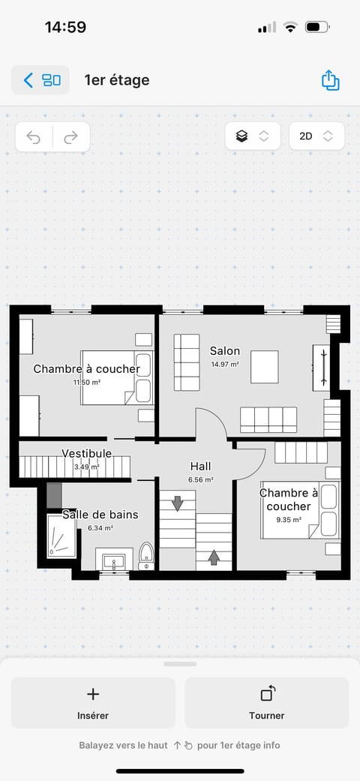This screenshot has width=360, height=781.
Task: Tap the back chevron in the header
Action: tap(28, 80)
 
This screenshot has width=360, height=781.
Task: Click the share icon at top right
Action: tap(330, 80)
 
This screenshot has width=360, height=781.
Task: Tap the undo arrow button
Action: tap(34, 137)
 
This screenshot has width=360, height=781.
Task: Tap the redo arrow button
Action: tap(71, 137)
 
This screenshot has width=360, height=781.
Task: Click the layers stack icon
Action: tap(241, 137)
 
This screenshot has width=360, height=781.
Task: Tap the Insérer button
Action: tap(93, 703)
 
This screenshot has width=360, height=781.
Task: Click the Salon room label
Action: tap(225, 351)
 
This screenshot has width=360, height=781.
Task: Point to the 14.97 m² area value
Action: tap(225, 365)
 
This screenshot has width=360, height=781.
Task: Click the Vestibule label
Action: tap(87, 453)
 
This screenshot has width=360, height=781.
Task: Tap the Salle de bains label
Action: tap(100, 515)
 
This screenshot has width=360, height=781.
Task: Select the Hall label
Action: tap(201, 466)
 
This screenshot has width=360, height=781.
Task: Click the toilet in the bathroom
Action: tap(147, 556)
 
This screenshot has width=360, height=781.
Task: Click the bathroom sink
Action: tap(115, 560)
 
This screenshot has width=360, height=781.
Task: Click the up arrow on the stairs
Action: tap(214, 557)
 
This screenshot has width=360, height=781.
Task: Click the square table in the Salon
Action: tap(264, 367)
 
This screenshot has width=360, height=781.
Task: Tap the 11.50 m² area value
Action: tap(87, 382)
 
